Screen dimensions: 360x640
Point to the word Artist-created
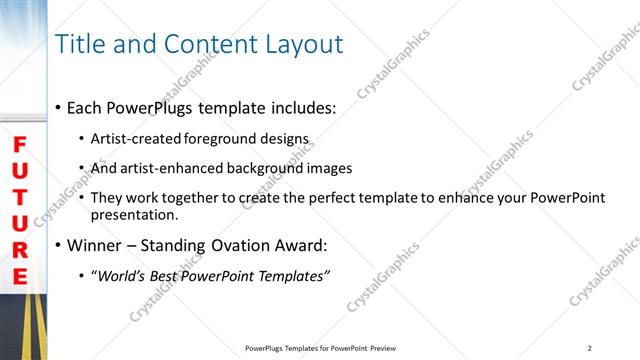pos(131,139)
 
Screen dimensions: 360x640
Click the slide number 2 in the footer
pos(590,348)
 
